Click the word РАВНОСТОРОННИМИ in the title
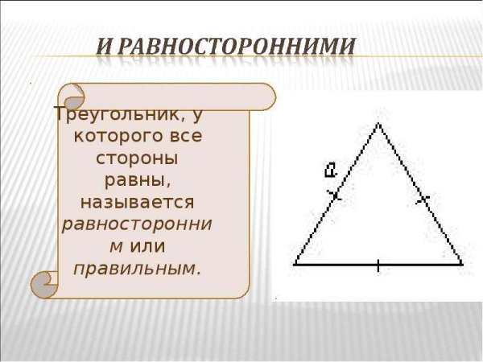(237, 46)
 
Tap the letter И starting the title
(105, 46)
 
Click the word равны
(137, 179)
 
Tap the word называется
(137, 200)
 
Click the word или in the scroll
(146, 245)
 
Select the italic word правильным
(137, 267)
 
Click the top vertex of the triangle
(378, 123)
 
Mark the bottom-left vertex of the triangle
(295, 263)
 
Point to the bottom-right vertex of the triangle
(462, 263)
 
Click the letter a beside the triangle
(330, 169)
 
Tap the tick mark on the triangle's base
(378, 264)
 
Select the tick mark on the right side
(422, 198)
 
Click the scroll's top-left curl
(72, 97)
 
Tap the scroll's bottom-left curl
(44, 284)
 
